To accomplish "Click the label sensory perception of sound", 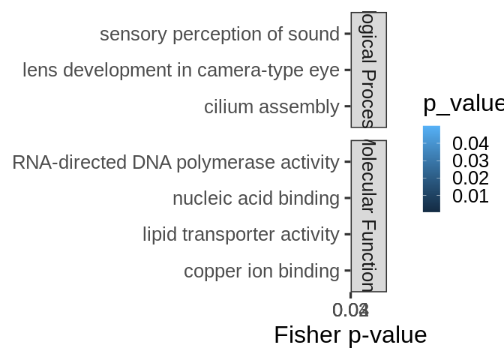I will point(219,34).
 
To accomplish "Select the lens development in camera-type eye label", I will point(181,70).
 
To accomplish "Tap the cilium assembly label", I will point(271,107).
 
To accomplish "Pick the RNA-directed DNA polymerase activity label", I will point(175,162).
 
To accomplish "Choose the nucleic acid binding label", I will point(256,199).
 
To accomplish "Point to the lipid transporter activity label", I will point(241,235).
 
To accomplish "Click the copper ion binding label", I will point(261,271).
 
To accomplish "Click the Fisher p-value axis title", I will point(350,334).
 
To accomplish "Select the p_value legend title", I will point(463,103).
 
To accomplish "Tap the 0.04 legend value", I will point(470,143).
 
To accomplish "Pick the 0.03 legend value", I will point(470,161).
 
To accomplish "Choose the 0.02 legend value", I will point(470,178).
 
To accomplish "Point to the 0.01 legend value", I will point(470,196).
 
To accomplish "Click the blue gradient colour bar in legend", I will point(431,169).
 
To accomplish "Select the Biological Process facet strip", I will point(368,70).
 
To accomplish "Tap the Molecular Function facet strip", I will point(368,216).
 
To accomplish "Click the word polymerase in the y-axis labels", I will point(229,162).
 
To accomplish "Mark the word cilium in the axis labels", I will point(226,107).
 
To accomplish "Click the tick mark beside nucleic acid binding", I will point(347,199).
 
